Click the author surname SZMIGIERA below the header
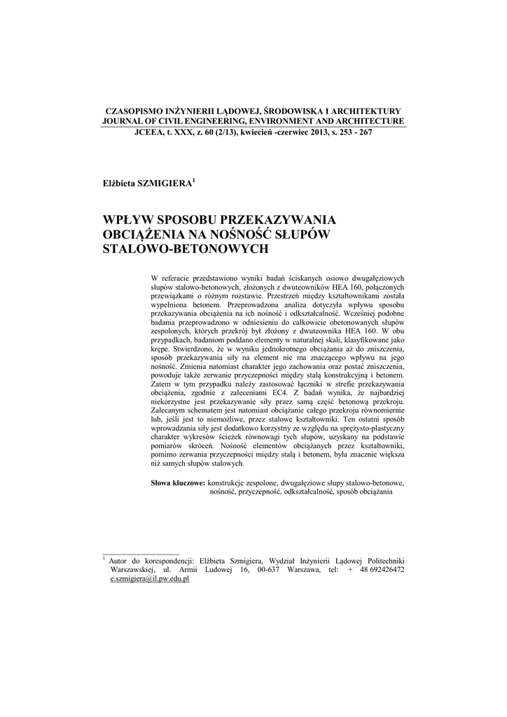166,183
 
